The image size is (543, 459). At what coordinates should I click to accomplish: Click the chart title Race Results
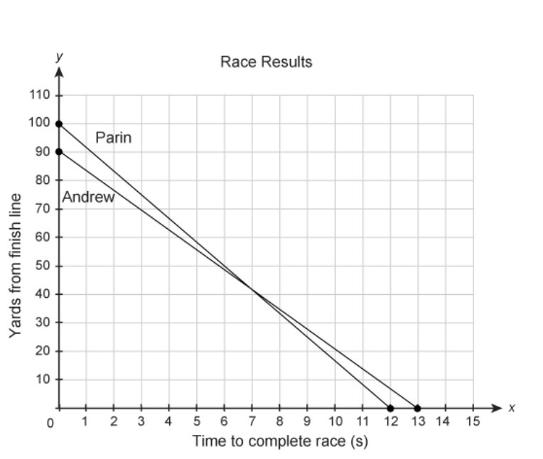(266, 62)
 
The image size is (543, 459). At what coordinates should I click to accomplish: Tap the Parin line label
(113, 138)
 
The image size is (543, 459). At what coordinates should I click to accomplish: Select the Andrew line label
(88, 198)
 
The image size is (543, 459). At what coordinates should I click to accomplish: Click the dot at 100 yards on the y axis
(59, 124)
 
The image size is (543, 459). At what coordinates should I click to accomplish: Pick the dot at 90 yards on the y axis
(59, 151)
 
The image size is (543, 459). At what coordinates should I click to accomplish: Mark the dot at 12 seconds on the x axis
(390, 409)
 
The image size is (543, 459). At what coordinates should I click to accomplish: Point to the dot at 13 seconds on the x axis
(418, 409)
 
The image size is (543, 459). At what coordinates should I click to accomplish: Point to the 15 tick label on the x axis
(473, 422)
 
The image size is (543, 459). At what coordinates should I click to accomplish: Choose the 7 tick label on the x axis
(252, 422)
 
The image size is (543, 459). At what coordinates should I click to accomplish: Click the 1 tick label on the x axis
(86, 422)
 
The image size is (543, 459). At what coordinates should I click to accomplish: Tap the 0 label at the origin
(50, 423)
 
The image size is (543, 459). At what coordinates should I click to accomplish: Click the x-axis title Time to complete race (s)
(279, 441)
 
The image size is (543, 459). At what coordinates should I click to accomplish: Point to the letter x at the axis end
(511, 408)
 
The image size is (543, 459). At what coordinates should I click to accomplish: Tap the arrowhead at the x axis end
(497, 409)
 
